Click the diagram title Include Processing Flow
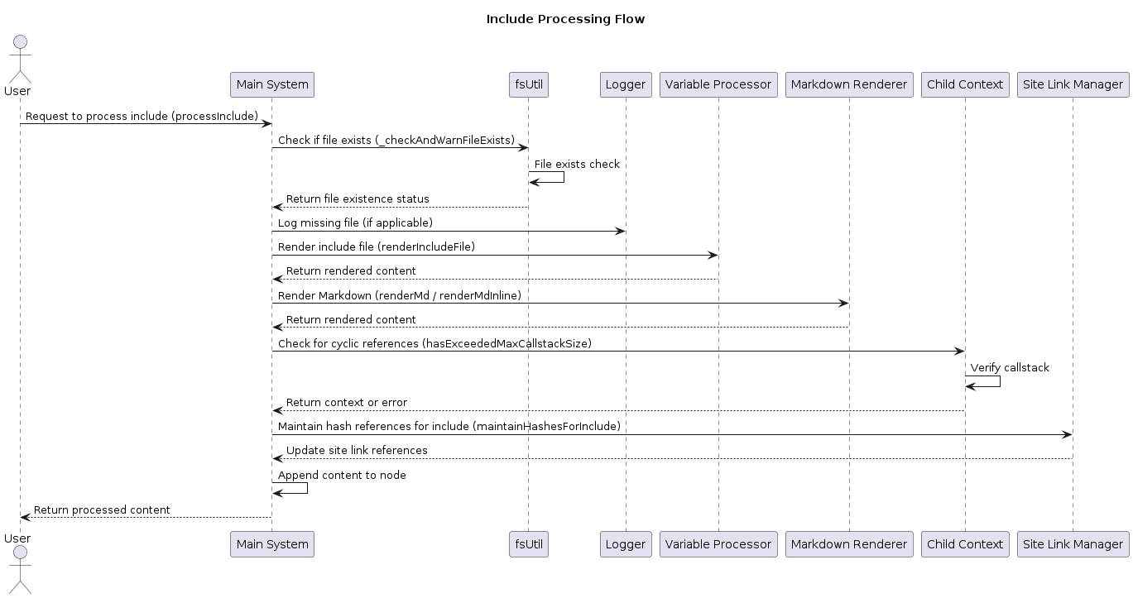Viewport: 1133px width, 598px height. tap(565, 19)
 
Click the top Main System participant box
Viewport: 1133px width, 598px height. tap(272, 84)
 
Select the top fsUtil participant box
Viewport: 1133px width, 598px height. tap(529, 84)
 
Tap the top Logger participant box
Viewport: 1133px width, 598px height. tap(626, 84)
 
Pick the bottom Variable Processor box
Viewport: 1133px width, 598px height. tap(718, 544)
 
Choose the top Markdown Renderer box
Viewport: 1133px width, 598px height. tap(849, 84)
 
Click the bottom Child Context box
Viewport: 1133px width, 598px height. tap(965, 544)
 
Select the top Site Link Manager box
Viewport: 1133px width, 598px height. tap(1073, 84)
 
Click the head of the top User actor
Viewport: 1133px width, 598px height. tap(20, 42)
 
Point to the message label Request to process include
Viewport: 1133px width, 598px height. tap(98, 117)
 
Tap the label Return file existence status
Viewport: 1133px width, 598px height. tap(358, 199)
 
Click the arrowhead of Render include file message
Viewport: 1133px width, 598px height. tap(713, 256)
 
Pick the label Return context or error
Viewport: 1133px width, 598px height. tap(347, 402)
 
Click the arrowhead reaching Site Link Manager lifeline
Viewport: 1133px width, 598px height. tap(1068, 435)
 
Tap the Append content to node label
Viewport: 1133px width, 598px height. tap(342, 475)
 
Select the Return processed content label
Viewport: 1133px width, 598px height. tap(102, 510)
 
